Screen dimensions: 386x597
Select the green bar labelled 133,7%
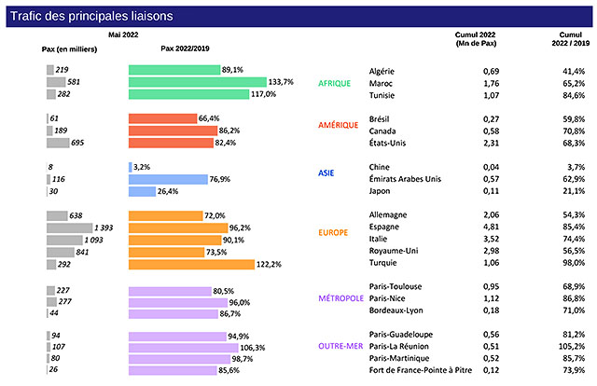[x=197, y=82]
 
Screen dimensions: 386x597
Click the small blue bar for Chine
[x=130, y=167]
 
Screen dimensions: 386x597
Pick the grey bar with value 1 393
[x=70, y=227]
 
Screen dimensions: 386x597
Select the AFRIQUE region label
[x=334, y=83]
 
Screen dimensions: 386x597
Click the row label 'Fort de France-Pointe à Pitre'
[x=419, y=370]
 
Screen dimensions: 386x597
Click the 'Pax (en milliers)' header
[x=67, y=49]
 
